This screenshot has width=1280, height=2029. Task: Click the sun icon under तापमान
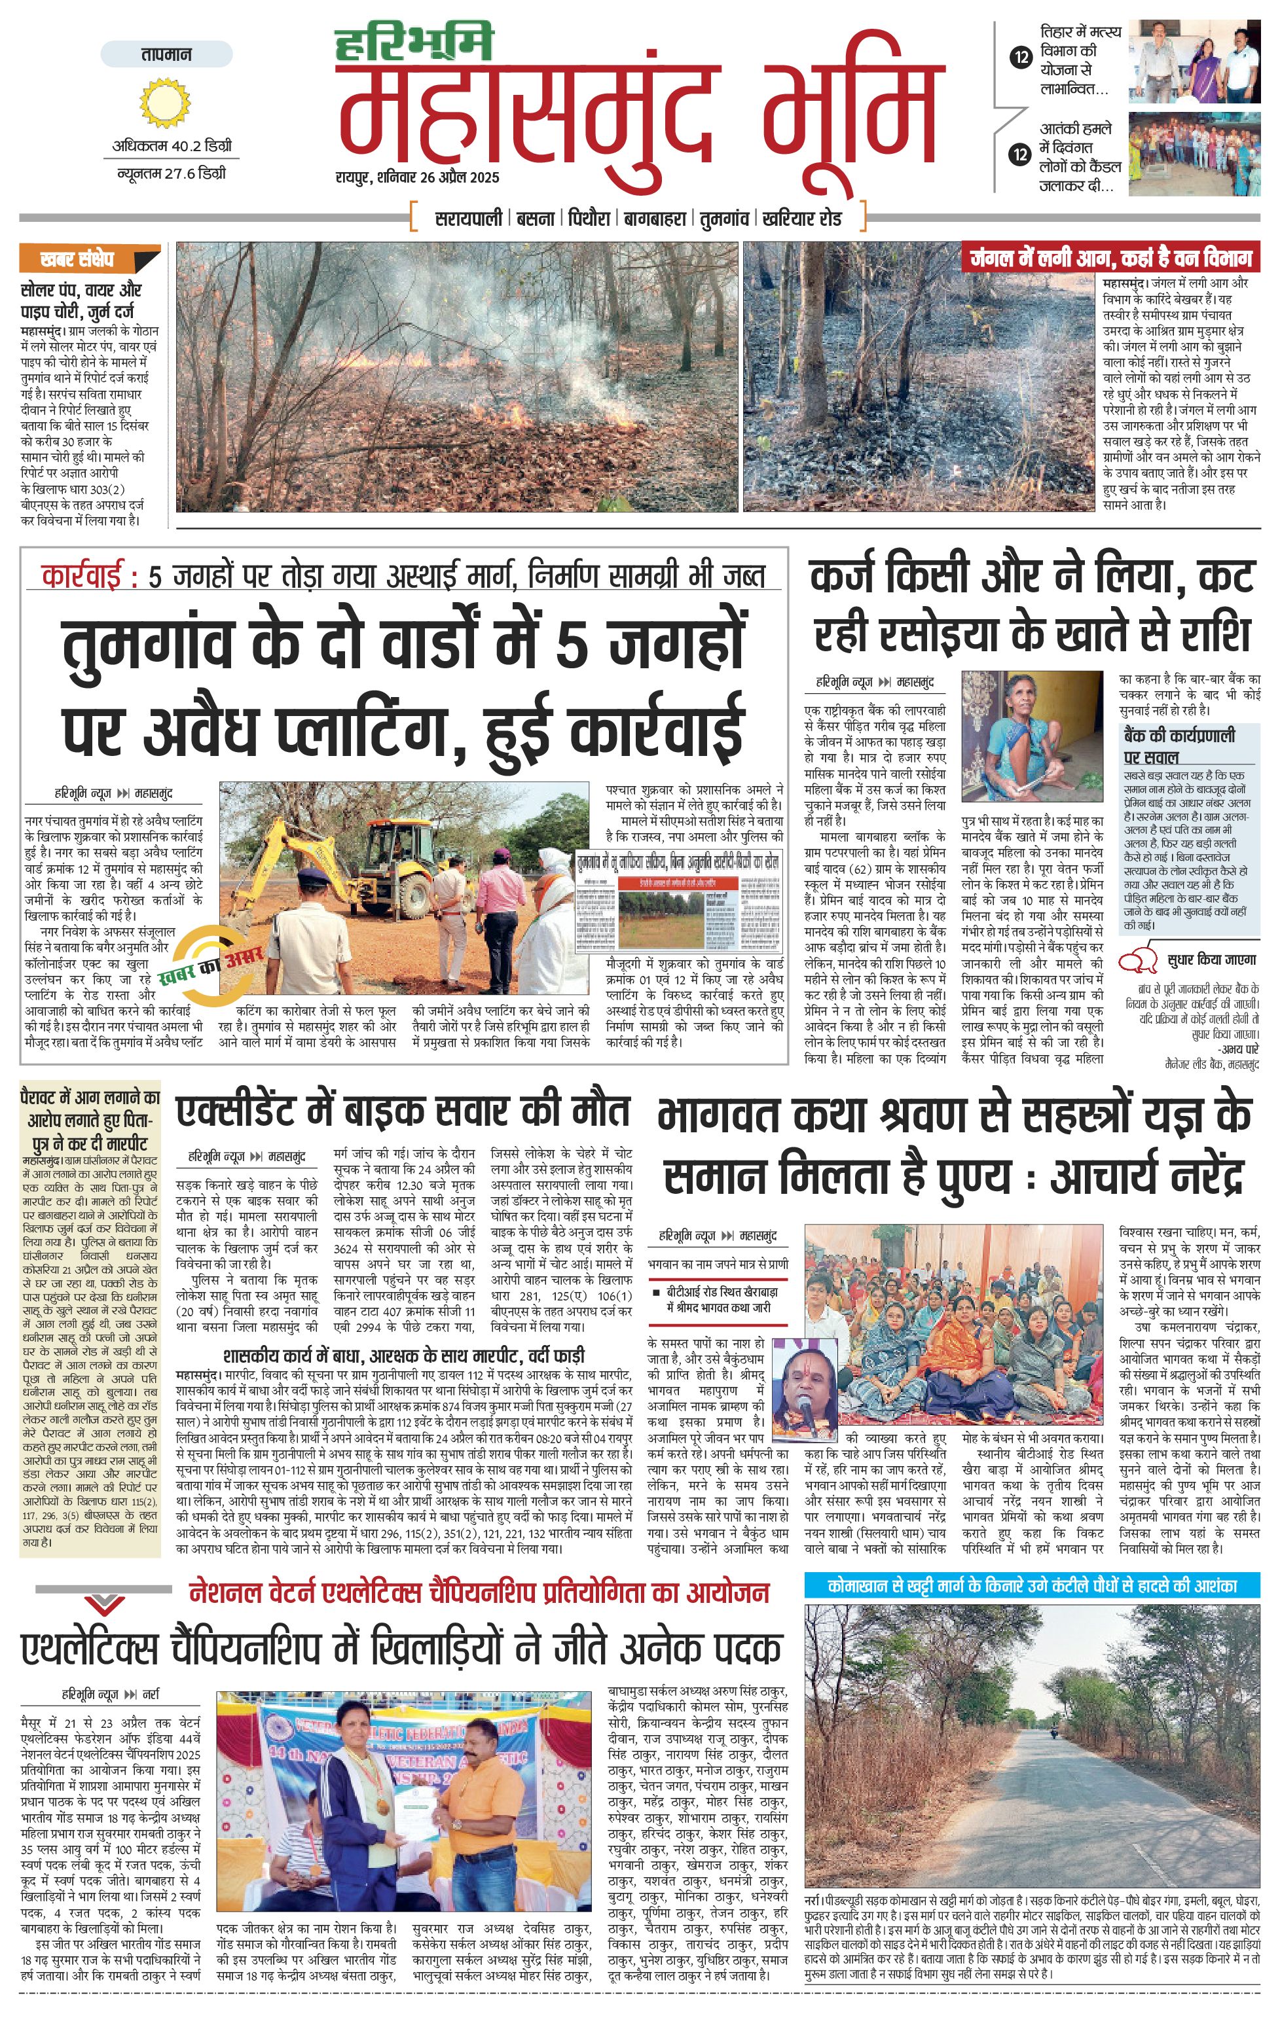point(165,103)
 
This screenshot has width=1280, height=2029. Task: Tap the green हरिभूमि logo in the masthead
point(414,45)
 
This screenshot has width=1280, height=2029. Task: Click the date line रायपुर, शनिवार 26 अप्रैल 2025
point(417,178)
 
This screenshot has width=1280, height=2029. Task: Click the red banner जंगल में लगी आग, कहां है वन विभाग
point(1110,258)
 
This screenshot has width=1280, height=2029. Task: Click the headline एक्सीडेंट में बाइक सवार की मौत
point(402,1111)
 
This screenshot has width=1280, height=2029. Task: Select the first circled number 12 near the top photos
point(1021,58)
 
